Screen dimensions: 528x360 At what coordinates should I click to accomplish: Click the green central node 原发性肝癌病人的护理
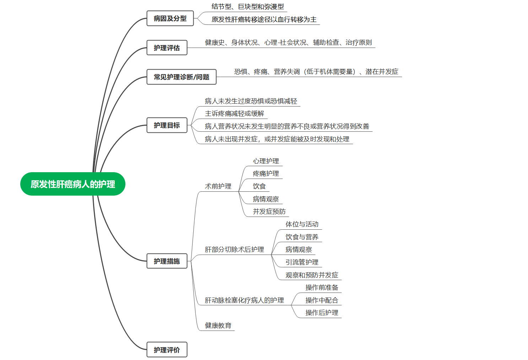point(73,184)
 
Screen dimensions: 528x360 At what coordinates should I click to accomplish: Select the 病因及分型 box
point(170,18)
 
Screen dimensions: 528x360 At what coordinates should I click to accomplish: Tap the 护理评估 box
point(167,48)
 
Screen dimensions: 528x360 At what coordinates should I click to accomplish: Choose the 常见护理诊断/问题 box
point(181,77)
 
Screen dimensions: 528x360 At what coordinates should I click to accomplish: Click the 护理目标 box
point(167,125)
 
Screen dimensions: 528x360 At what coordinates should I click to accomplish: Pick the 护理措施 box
point(167,261)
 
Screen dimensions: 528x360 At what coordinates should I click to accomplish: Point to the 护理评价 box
point(167,350)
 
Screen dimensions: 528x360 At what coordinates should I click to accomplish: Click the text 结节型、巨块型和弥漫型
point(248,7)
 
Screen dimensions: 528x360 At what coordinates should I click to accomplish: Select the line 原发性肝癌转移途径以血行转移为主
point(264,20)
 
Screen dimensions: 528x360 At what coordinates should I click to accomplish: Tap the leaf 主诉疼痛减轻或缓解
point(234,114)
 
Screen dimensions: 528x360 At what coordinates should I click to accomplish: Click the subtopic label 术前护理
point(218,186)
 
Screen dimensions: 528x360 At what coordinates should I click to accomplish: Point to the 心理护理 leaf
point(266,161)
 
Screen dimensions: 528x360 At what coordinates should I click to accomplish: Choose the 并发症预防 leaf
point(269,212)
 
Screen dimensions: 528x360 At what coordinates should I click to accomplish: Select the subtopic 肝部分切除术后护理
point(234,250)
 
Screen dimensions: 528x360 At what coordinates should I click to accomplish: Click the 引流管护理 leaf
point(302,262)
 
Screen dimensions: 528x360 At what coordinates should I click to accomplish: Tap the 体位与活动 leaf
point(302,224)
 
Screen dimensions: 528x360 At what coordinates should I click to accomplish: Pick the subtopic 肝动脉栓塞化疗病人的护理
point(244,300)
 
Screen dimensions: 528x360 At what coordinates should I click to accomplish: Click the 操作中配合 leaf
point(322,300)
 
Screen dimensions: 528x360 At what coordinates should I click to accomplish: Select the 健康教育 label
point(218,326)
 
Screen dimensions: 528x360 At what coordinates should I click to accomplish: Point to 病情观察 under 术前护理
point(266,199)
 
